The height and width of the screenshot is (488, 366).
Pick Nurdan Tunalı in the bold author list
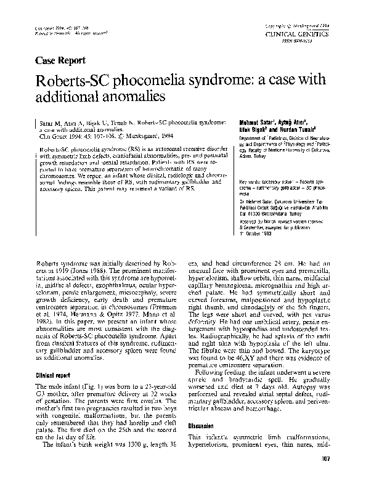coord(290,129)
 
